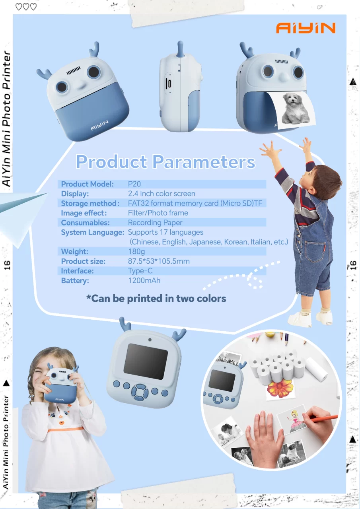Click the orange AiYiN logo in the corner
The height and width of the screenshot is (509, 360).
click(x=306, y=28)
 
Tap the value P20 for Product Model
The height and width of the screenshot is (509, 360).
click(x=134, y=184)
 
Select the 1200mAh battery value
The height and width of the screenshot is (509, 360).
click(x=144, y=281)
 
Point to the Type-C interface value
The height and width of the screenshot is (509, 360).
click(x=140, y=271)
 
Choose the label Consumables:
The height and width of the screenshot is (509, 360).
click(x=85, y=223)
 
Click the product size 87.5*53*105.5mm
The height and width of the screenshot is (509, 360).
click(x=159, y=261)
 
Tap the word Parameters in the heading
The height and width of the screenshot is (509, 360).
click(x=203, y=162)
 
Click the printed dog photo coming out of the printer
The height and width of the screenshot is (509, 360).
click(x=296, y=108)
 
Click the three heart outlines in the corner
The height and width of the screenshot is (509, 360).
click(x=25, y=7)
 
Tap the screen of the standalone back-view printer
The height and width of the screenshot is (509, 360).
click(x=145, y=361)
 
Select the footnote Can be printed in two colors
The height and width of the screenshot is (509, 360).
click(x=156, y=298)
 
